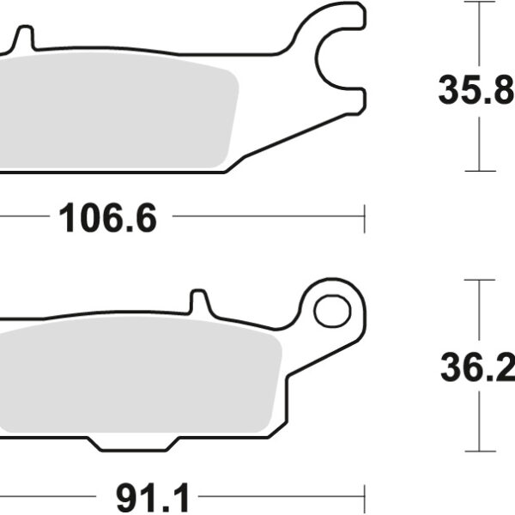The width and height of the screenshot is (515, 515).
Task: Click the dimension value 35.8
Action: (476, 90)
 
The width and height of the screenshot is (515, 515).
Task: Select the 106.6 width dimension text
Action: (108, 220)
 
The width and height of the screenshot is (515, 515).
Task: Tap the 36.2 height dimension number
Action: (476, 370)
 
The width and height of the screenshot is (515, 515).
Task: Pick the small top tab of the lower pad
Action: (199, 301)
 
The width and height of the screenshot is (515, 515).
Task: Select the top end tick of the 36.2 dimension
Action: (480, 280)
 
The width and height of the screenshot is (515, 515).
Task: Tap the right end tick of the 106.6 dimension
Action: (366, 219)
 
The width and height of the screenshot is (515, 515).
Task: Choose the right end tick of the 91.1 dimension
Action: (366, 495)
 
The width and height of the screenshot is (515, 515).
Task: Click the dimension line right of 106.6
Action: (266, 219)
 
